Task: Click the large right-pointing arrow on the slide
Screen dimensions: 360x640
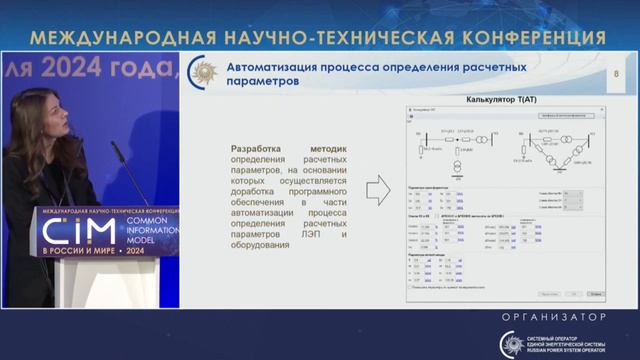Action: coord(378,189)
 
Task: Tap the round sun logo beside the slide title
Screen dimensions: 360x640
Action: coord(205,74)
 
